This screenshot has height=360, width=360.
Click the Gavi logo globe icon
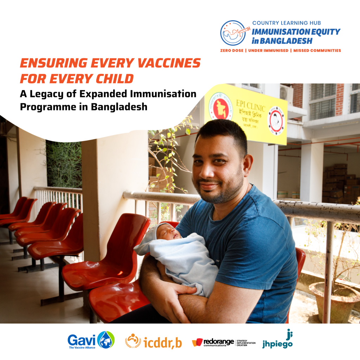click(106, 340)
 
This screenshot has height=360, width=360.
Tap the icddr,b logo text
click(163, 342)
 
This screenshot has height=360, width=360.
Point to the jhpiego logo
click(277, 340)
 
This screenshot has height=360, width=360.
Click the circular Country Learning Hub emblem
click(233, 33)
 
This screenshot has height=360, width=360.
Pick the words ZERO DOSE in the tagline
click(232, 51)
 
